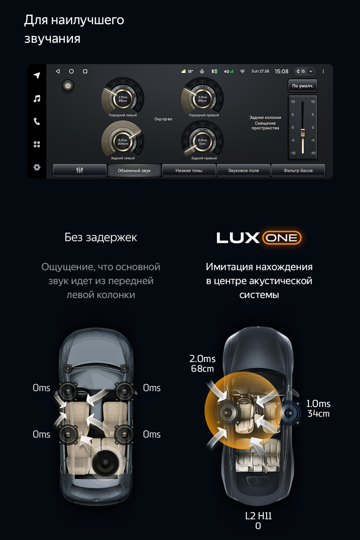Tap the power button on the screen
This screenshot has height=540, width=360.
tap(68, 86)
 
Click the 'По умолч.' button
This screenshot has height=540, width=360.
tap(302, 86)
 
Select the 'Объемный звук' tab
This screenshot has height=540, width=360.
tap(134, 170)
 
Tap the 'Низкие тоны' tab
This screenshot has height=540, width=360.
tap(189, 170)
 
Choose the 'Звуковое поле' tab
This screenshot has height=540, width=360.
tap(243, 170)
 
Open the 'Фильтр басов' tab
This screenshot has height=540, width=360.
tap(298, 170)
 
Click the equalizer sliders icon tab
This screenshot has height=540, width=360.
tap(80, 170)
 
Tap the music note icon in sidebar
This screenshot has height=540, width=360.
tap(37, 99)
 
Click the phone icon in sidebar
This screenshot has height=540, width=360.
tap(37, 121)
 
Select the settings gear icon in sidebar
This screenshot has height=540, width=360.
tap(37, 167)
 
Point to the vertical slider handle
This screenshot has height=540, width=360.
tap(303, 132)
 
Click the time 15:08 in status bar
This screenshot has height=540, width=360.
tap(281, 71)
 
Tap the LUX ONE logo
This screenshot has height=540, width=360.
tap(258, 238)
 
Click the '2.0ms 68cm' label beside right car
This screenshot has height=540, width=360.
tap(202, 363)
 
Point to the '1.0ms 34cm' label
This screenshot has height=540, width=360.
tap(318, 409)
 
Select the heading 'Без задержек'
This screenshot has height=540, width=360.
tap(101, 237)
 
